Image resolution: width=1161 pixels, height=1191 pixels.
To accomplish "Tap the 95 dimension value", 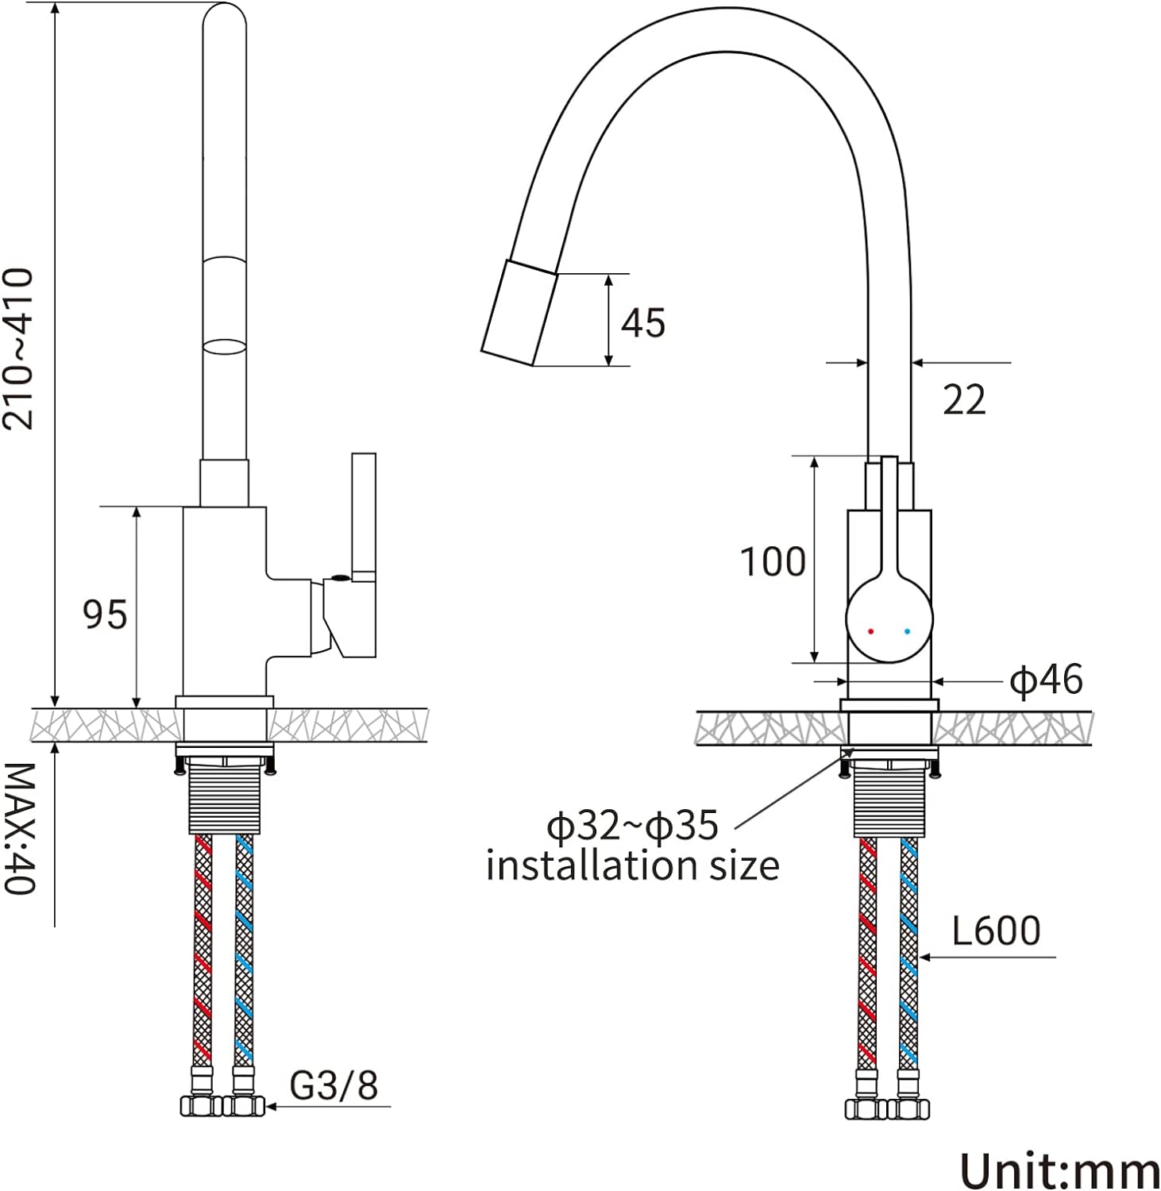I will pyautogui.click(x=105, y=615).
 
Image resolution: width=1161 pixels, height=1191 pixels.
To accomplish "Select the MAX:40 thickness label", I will pyautogui.click(x=19, y=828).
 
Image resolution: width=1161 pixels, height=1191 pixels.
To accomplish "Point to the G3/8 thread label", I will pyautogui.click(x=334, y=1085).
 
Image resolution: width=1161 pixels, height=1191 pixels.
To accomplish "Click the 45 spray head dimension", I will pyautogui.click(x=642, y=323).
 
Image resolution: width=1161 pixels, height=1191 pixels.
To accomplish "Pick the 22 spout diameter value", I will pyautogui.click(x=964, y=399).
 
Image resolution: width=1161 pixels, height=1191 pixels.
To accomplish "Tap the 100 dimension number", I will pyautogui.click(x=773, y=562).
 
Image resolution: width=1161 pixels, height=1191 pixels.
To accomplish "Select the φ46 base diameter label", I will pyautogui.click(x=1046, y=680).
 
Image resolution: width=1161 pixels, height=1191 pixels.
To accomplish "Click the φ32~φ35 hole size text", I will pyautogui.click(x=632, y=827).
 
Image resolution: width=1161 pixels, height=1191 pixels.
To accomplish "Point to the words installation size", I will pyautogui.click(x=632, y=865).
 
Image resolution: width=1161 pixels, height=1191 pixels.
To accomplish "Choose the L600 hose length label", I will pyautogui.click(x=996, y=931).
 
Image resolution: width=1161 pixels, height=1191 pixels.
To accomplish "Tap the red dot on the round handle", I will pyautogui.click(x=871, y=632).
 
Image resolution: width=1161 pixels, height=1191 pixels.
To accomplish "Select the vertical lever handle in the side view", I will pyautogui.click(x=364, y=516).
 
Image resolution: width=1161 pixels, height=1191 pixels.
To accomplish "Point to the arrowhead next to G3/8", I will pyautogui.click(x=270, y=1106).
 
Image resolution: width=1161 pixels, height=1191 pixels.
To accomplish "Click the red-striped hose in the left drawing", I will pyautogui.click(x=203, y=953).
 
